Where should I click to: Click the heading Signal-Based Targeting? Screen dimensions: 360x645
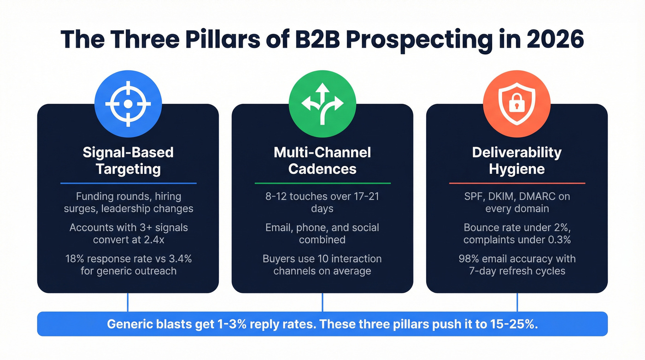point(128,160)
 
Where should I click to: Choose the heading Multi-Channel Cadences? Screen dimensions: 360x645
point(322,160)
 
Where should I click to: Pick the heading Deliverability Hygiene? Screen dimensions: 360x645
point(517,160)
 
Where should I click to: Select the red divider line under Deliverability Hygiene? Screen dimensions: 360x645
point(517,183)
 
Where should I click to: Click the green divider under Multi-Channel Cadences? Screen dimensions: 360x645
point(322,183)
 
